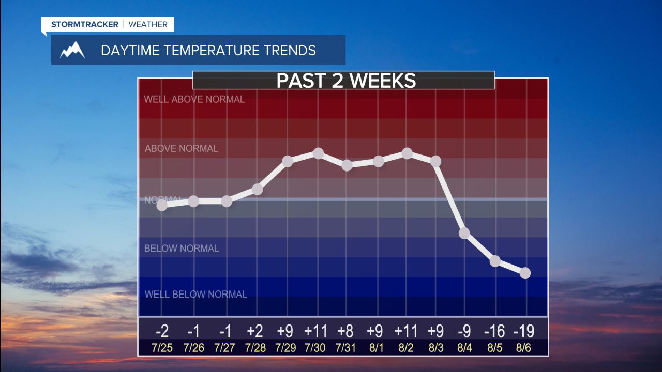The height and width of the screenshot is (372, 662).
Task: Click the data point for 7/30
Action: tap(319, 153)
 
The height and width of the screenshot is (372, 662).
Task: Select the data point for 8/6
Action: tap(525, 273)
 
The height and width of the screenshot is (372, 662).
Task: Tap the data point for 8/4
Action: tap(464, 233)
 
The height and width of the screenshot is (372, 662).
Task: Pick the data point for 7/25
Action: tap(162, 205)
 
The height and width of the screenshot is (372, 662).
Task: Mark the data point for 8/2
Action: tap(407, 153)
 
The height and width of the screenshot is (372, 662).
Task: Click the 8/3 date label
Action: tap(435, 348)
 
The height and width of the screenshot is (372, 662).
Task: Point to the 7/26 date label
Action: tap(194, 348)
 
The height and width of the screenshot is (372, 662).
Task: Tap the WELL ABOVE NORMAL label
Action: tap(194, 99)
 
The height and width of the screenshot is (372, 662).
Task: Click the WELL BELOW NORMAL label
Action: tap(195, 295)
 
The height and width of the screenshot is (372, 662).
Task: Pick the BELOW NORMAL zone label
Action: tap(181, 249)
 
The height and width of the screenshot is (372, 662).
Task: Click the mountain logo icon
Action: tap(72, 50)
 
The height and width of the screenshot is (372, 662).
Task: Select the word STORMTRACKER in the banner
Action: tap(85, 24)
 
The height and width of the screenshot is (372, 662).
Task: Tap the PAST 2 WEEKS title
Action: tap(346, 81)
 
